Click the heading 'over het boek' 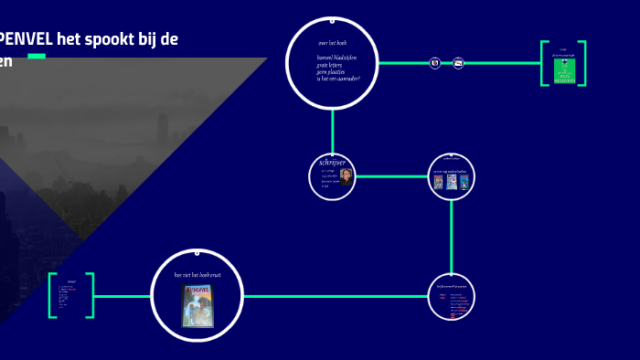coord(332,43)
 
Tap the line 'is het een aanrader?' coord(338,79)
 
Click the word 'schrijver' coord(331,163)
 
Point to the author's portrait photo coord(346,177)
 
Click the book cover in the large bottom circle coord(197,305)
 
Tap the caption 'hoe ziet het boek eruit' coord(197,274)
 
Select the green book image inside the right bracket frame coord(564,72)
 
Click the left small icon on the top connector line coord(435,63)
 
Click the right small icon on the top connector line coord(459,63)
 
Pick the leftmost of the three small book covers coord(439,181)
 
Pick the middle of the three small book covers coord(452,181)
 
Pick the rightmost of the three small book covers coord(464,181)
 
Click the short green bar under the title coord(37,57)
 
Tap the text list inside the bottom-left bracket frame coord(70,296)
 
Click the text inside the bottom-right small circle coord(452,298)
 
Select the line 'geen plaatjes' coord(333,71)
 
